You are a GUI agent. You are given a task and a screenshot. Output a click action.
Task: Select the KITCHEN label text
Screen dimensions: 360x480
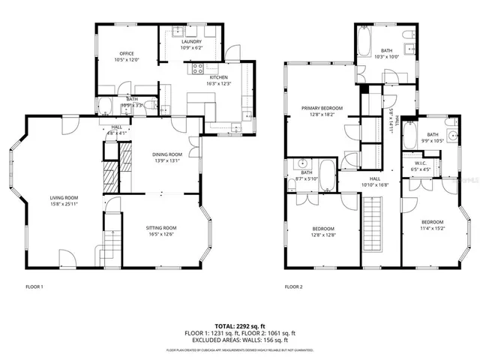(218, 77)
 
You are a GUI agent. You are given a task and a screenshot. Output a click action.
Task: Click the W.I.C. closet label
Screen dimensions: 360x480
(421, 164)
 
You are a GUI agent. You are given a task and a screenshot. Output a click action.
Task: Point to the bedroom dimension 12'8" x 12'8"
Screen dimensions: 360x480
(324, 235)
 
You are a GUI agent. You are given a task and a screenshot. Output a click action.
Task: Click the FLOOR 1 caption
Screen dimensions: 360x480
(34, 286)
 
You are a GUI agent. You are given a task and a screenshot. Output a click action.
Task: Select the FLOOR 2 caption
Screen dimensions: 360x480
(293, 286)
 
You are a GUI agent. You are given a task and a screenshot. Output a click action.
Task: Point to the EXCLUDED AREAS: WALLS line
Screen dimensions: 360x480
(240, 339)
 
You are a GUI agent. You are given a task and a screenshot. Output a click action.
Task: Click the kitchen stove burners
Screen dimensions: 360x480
(199, 67)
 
